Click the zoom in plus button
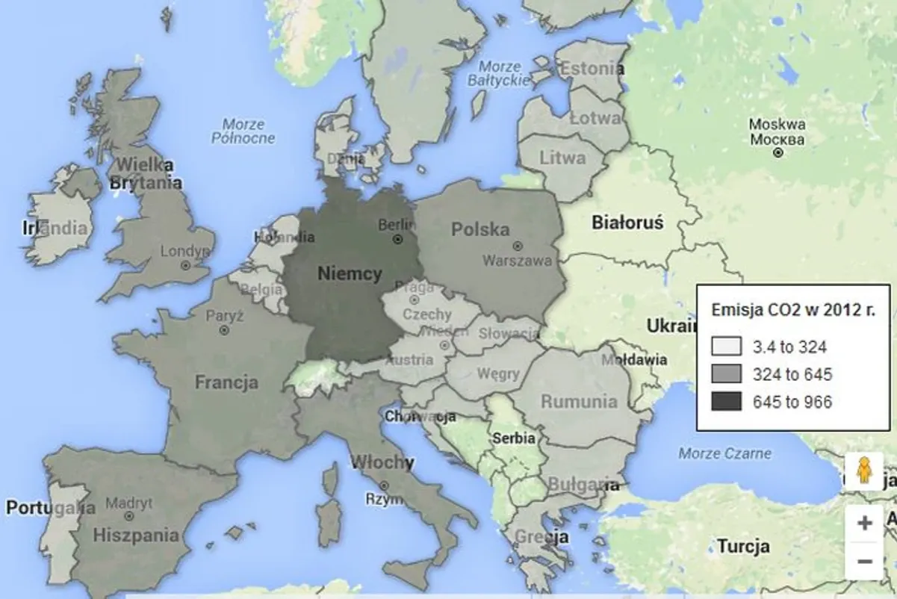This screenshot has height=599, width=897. click(865, 523)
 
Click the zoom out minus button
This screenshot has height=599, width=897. click(865, 561)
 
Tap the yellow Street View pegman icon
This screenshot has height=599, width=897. click(864, 472)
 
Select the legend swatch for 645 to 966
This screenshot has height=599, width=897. click(726, 402)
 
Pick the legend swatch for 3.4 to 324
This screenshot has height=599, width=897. click(726, 347)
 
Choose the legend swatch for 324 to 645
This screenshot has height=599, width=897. click(726, 374)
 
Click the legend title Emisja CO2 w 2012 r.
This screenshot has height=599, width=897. click(792, 310)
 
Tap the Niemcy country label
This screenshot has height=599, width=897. click(350, 273)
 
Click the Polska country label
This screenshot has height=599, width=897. click(480, 229)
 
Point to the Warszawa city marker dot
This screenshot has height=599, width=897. click(517, 246)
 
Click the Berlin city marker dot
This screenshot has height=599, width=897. click(398, 240)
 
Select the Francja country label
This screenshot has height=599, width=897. click(226, 382)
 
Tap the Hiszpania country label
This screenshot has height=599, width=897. click(136, 535)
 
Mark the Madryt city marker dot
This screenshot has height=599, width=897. click(129, 516)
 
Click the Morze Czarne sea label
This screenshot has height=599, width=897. click(724, 453)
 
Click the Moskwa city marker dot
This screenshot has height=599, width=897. click(778, 152)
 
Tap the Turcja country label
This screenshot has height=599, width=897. click(743, 546)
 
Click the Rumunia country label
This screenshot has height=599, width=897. click(579, 402)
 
